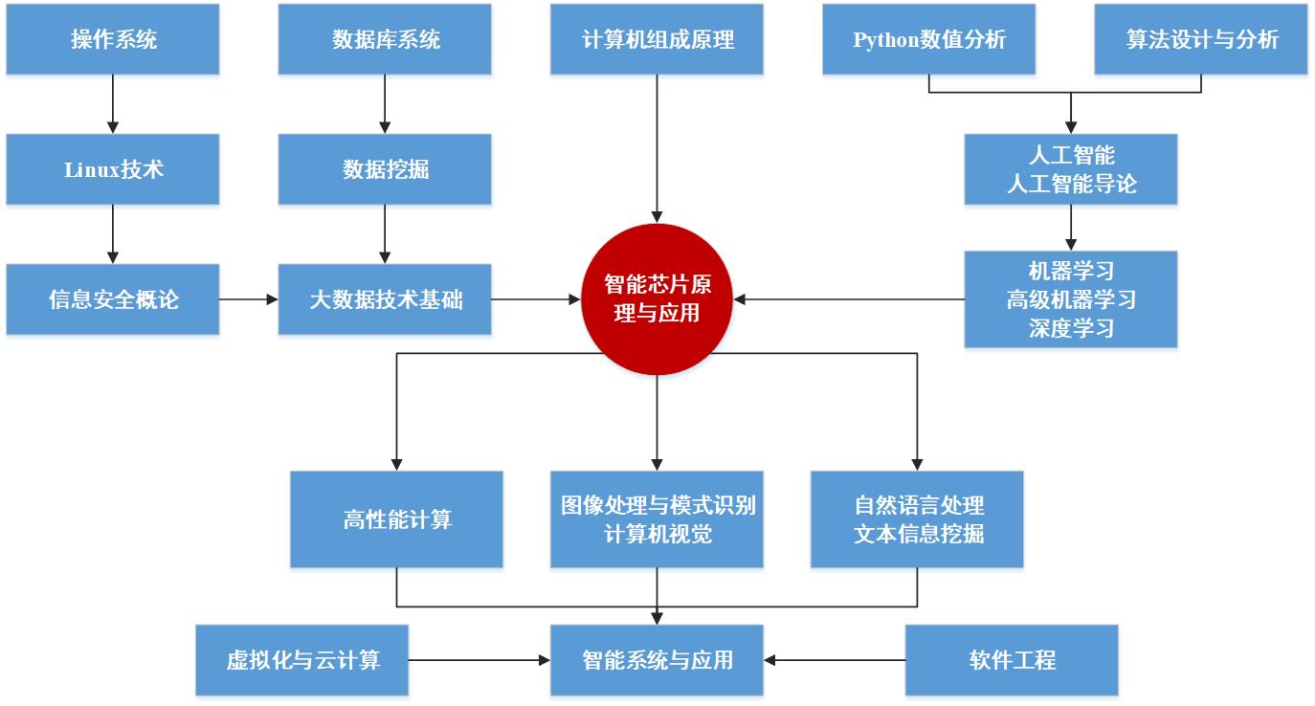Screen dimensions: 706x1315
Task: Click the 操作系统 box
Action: (113, 39)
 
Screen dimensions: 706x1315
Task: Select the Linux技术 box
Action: (113, 169)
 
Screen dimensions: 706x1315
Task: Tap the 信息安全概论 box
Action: (113, 299)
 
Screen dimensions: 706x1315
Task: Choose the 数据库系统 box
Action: (385, 39)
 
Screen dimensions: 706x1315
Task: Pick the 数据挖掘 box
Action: (385, 169)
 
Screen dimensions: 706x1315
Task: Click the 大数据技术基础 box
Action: (385, 299)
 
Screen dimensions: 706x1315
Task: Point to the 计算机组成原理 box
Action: (657, 39)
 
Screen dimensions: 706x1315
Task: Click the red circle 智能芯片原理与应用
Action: (657, 299)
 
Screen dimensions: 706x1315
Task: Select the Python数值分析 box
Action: (928, 39)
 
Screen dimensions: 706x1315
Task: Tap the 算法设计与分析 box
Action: (1200, 39)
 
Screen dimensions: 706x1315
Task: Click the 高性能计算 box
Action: (396, 519)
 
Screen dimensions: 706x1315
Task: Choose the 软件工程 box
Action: (1012, 660)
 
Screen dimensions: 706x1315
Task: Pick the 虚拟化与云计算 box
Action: (302, 660)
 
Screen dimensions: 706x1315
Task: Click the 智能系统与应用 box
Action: (657, 660)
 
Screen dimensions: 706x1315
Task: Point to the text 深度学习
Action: (1071, 328)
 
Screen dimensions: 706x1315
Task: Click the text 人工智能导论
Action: (1071, 184)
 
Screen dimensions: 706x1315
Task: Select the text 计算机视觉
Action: (657, 534)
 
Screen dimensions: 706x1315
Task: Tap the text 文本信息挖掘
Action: (918, 534)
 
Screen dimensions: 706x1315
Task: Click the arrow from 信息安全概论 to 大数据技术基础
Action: (249, 299)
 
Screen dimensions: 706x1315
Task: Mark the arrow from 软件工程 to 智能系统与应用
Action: (835, 660)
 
